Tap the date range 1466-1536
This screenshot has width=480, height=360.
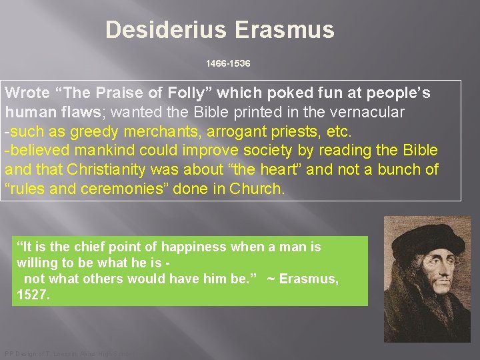pos(228,63)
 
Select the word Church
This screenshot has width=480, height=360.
pos(257,189)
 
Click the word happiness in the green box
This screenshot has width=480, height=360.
pos(197,247)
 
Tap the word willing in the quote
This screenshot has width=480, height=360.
pos(37,263)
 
